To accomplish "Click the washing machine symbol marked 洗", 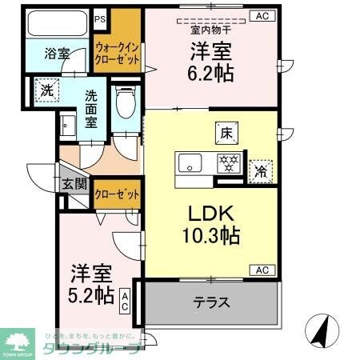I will point(48,90).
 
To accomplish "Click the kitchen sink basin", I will point(191,164).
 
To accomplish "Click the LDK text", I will point(210,214).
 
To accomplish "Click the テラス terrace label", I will point(212,303).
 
